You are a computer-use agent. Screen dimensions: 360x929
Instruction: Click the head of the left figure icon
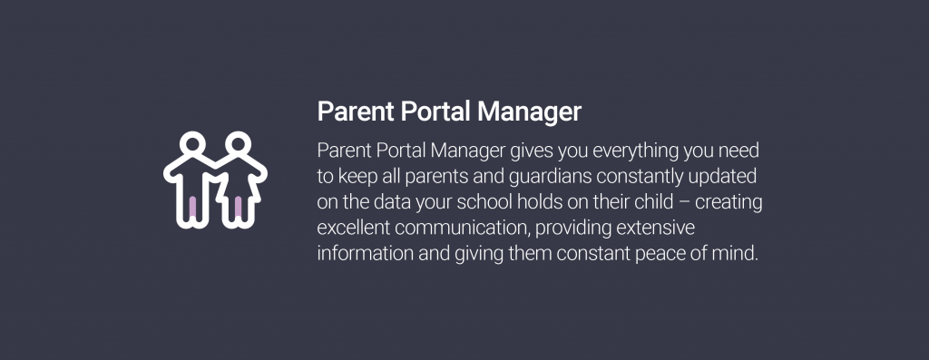click(191, 144)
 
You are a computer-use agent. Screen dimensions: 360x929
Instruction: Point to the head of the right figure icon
click(237, 144)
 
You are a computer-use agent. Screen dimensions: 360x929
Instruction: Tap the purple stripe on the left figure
click(192, 208)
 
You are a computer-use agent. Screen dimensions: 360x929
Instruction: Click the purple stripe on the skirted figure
click(238, 208)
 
